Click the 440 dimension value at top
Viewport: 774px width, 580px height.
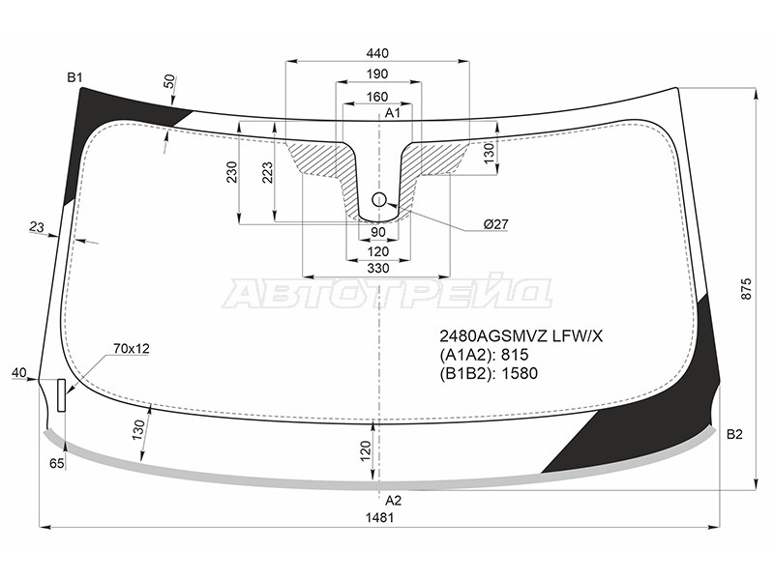click(377, 53)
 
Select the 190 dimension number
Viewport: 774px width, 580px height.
click(377, 74)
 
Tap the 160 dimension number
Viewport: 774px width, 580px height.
click(377, 97)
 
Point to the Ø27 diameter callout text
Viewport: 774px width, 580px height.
click(495, 225)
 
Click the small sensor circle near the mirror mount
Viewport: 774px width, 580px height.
click(379, 200)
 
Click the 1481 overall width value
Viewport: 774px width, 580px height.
click(379, 517)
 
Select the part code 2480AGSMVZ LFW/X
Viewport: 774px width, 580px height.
click(521, 336)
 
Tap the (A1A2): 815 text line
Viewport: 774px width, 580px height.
click(485, 355)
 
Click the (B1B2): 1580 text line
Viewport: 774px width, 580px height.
click(489, 373)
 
